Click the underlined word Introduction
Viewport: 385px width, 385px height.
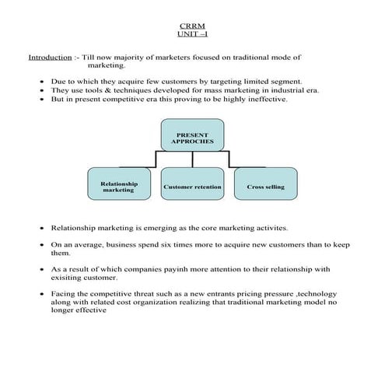48,58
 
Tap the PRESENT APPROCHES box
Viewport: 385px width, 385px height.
192,135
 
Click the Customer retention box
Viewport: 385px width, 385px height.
192,187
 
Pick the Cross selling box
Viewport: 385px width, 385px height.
265,187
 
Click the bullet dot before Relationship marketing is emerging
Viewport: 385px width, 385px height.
41,229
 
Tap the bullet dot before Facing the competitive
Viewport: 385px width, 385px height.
41,294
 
